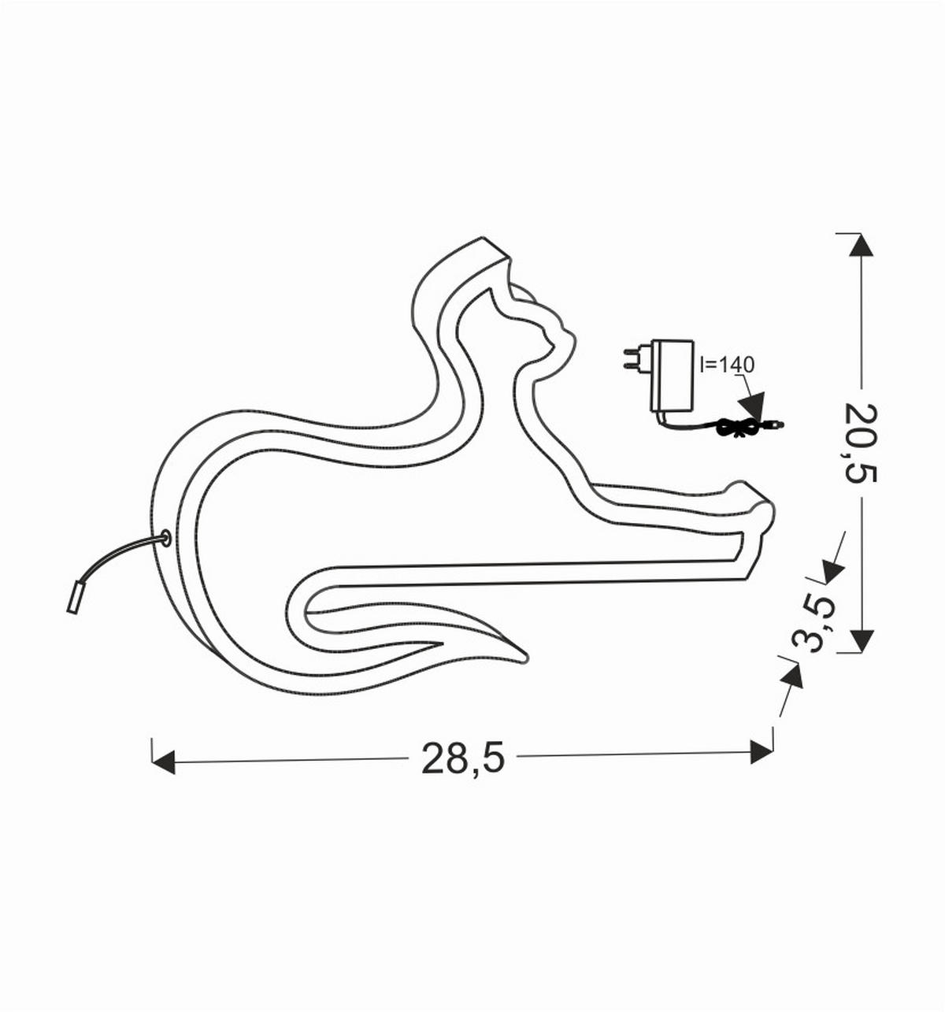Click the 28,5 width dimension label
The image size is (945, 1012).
tap(462, 758)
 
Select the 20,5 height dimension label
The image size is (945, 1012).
tap(862, 443)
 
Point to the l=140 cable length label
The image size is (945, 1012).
tap(727, 365)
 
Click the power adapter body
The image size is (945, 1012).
tap(672, 375)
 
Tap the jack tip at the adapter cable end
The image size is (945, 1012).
tap(778, 425)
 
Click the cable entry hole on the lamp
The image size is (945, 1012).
tap(165, 539)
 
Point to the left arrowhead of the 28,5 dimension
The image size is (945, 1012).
tap(162, 762)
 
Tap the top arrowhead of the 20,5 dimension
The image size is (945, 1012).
tap(862, 244)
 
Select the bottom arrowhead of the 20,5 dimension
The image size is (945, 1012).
tap(862, 640)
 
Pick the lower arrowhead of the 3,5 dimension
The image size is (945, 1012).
tap(793, 676)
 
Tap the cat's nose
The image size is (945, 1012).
tap(573, 339)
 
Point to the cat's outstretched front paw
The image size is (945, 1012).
tap(752, 496)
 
